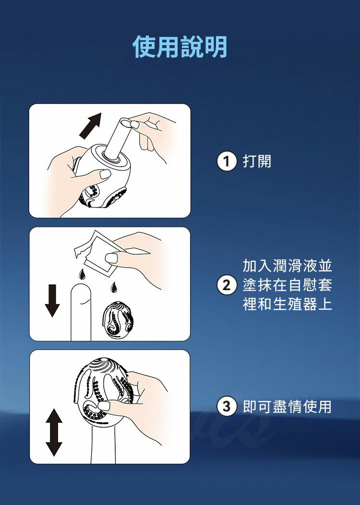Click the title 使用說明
pyautogui.click(x=180, y=47)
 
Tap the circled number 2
pyautogui.click(x=227, y=285)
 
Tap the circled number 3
pyautogui.click(x=227, y=406)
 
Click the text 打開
pyautogui.click(x=257, y=161)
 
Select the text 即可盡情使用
pyautogui.click(x=287, y=407)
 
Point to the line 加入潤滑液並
pyautogui.click(x=287, y=266)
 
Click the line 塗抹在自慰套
pyautogui.click(x=287, y=285)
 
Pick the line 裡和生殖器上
pyautogui.click(x=287, y=304)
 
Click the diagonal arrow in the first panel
pyautogui.click(x=90, y=126)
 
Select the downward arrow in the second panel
pyautogui.click(x=52, y=301)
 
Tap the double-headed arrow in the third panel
pyautogui.click(x=54, y=432)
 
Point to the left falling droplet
pyautogui.click(x=82, y=274)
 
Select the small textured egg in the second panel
pyautogui.click(x=118, y=320)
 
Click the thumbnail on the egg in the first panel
pyautogui.click(x=105, y=174)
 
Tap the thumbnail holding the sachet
pyautogui.click(x=111, y=258)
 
